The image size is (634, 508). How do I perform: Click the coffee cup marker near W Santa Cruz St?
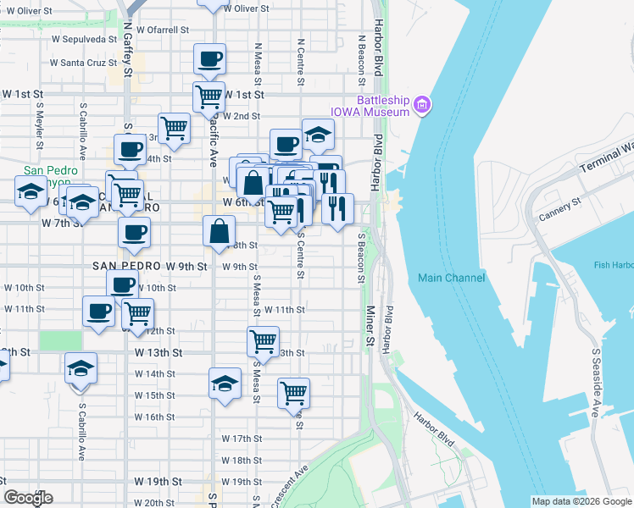[209, 60]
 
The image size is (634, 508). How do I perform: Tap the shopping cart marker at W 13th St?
[263, 341]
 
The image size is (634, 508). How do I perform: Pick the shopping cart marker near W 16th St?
[293, 393]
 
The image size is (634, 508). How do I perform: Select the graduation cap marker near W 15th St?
[225, 383]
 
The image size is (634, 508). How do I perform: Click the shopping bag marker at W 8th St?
[219, 230]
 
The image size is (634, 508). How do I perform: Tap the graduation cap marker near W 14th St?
[81, 368]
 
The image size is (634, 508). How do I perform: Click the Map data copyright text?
[581, 501]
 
